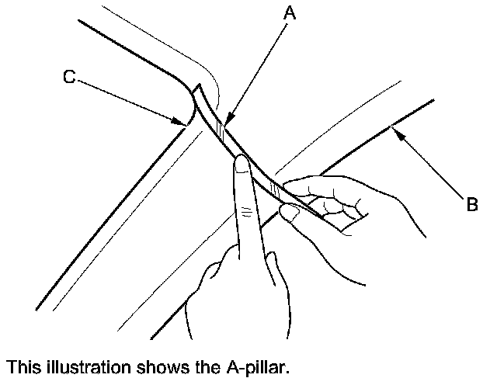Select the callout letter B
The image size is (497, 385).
471,205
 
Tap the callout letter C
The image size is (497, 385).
69,78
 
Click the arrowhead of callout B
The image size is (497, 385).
395,131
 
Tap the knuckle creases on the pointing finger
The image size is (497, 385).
246,210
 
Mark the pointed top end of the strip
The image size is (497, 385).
197,85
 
